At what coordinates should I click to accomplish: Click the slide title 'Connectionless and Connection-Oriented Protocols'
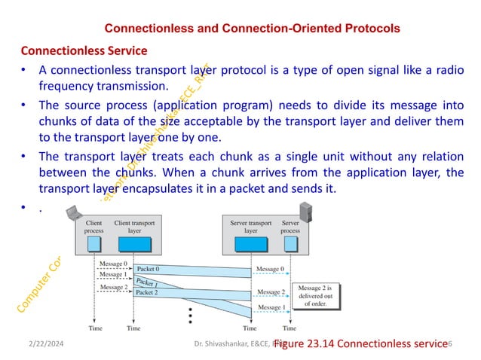pos(251,29)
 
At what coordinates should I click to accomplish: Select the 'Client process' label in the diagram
pos(94,227)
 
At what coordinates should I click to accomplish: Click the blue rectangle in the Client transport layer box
pos(133,244)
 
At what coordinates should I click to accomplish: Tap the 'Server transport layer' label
pos(250,227)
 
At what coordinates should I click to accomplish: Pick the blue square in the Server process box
pos(290,244)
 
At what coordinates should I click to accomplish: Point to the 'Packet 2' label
pos(148,292)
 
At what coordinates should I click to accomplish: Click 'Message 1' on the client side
pos(113,276)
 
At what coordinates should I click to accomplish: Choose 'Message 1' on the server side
pos(271,307)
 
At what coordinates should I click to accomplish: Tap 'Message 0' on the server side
pos(271,269)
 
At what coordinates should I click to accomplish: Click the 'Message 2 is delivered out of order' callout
pos(320,296)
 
